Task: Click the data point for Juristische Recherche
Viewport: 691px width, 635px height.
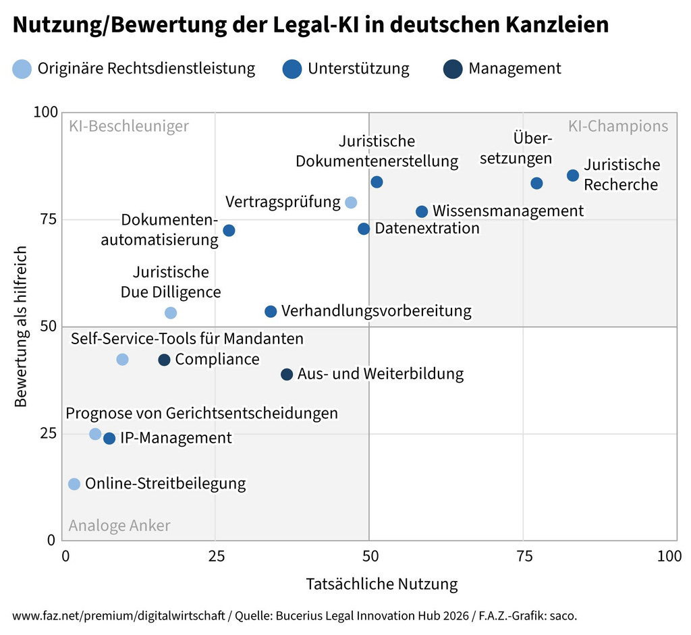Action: [573, 175]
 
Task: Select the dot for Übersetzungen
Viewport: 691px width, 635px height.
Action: [537, 184]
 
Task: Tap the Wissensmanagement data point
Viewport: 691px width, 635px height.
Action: [422, 212]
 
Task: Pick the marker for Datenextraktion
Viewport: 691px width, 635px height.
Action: [364, 229]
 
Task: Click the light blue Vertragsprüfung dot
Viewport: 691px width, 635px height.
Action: [351, 202]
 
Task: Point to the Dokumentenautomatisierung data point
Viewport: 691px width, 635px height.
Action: [229, 230]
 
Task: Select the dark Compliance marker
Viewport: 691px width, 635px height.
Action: [164, 360]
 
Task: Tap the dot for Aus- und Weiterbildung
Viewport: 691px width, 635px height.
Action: [287, 375]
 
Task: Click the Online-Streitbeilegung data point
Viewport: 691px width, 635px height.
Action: [74, 484]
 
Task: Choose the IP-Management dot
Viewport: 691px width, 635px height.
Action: [109, 439]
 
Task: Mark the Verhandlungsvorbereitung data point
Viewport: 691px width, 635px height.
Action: [271, 312]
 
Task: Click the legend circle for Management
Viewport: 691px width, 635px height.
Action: [452, 69]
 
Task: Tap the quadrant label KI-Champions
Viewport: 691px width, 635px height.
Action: [618, 126]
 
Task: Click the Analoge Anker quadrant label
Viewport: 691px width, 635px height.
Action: [119, 526]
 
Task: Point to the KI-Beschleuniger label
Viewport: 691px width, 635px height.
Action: [129, 126]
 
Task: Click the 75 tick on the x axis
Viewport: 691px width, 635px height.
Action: [522, 557]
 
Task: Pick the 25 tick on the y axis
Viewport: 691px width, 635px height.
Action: [47, 433]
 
